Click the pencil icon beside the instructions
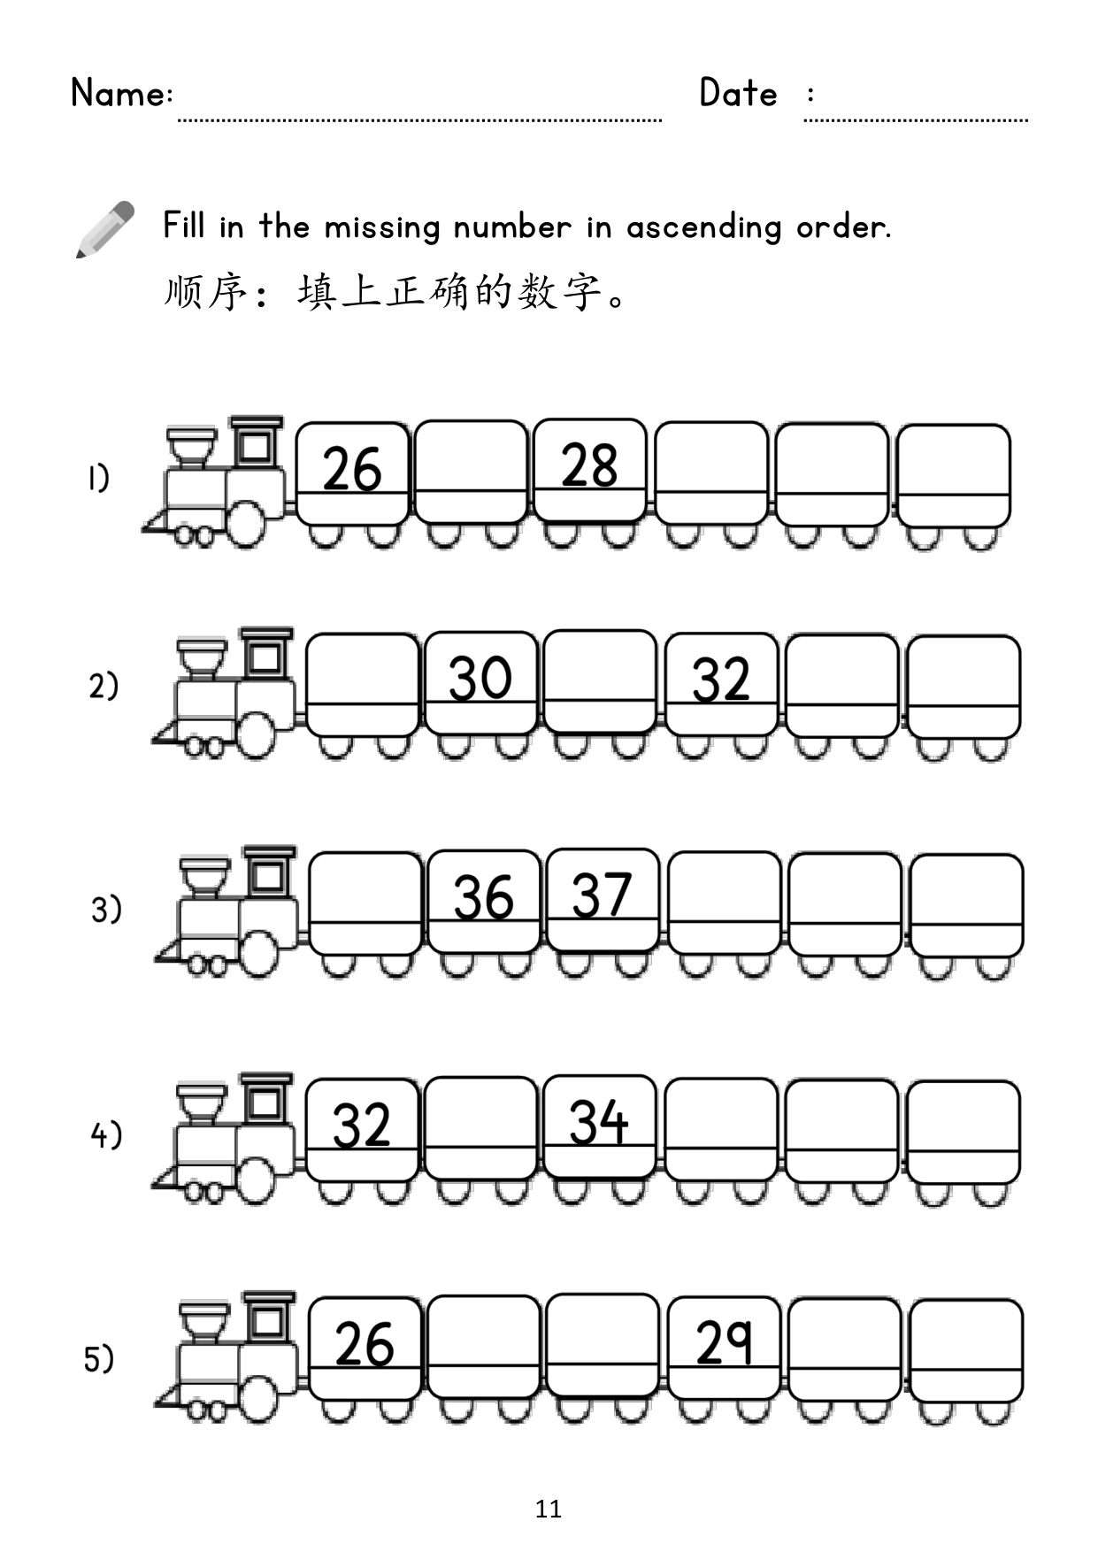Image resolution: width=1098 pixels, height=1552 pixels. tap(104, 229)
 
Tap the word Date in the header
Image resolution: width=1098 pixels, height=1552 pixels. tap(738, 93)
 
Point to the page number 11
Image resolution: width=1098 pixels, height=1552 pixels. tap(549, 1509)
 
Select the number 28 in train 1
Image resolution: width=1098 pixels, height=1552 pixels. tap(589, 465)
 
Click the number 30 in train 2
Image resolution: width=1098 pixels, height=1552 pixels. tap(480, 679)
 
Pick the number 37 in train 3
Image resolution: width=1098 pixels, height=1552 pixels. tap(602, 895)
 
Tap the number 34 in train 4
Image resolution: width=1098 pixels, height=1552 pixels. tap(598, 1123)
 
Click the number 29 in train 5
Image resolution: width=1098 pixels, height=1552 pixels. tap(724, 1342)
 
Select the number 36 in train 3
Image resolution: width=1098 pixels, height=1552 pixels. tap(483, 897)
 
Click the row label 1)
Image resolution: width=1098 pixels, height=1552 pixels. tap(97, 479)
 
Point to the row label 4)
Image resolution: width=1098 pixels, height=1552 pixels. tap(106, 1135)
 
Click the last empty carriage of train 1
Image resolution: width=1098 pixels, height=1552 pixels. tap(953, 487)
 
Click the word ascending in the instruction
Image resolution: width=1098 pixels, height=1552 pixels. tap(703, 228)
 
